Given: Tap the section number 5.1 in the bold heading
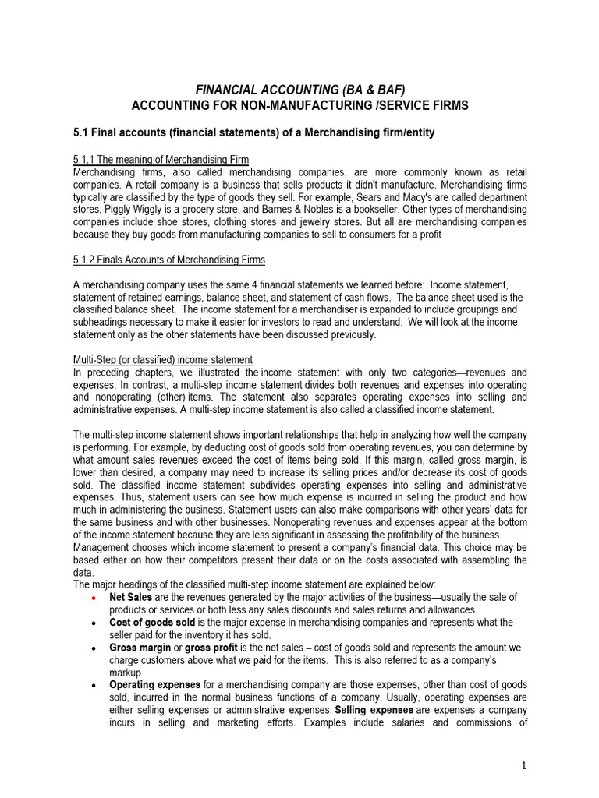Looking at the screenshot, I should [81, 133].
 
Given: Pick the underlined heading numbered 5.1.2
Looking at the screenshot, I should [168, 260].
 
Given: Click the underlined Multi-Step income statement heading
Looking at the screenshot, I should [162, 359].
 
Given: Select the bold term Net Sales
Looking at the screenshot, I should [130, 597].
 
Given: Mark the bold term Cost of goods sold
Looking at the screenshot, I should [153, 623].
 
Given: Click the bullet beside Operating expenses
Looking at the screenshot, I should [94, 686].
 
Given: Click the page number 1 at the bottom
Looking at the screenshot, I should [524, 766].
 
